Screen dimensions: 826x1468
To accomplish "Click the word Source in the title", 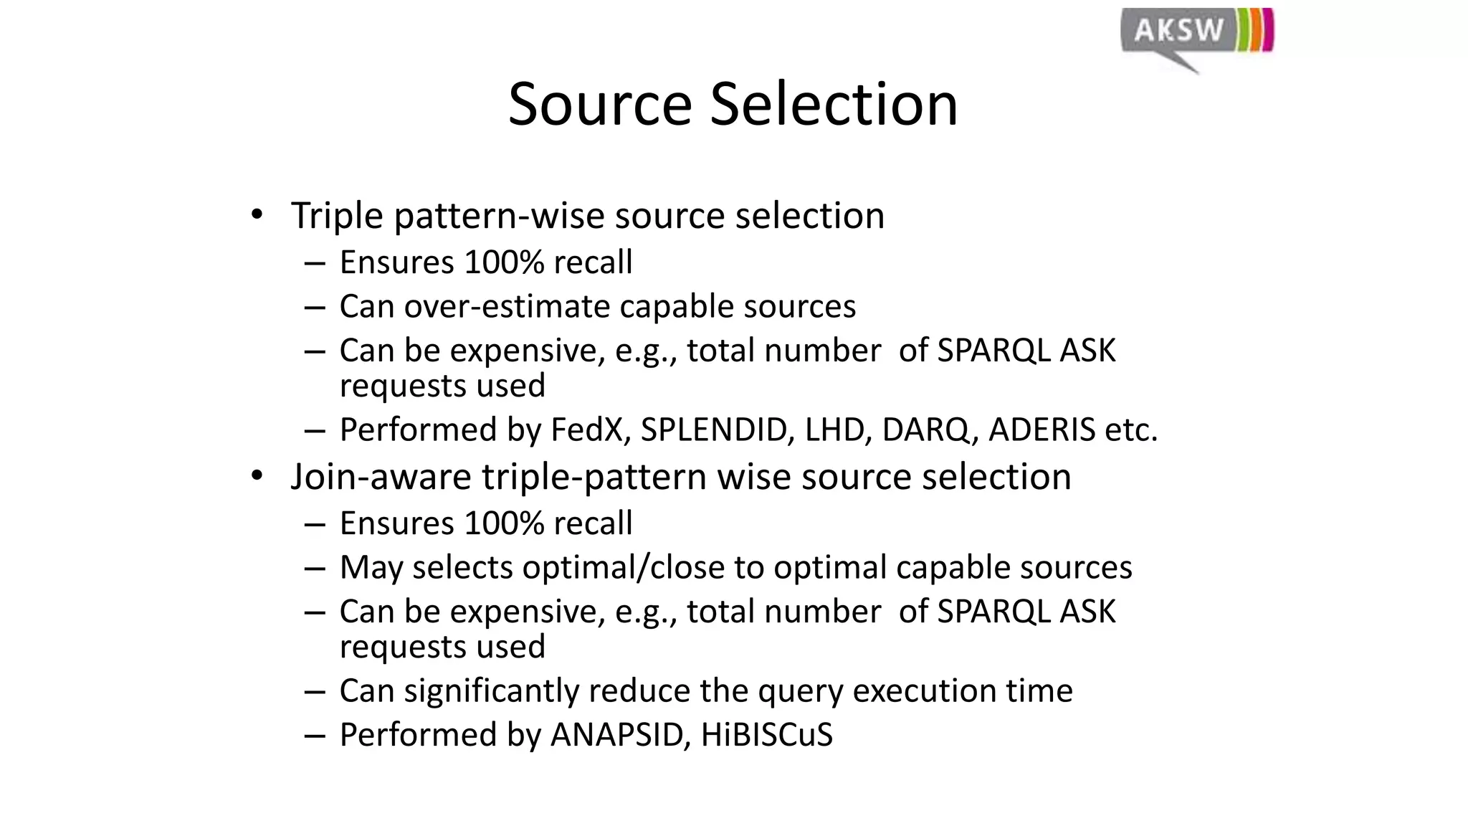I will pyautogui.click(x=599, y=105).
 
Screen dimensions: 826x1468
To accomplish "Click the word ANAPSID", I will pyautogui.click(x=616, y=735).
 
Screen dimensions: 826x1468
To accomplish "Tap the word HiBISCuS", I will pyautogui.click(x=766, y=735).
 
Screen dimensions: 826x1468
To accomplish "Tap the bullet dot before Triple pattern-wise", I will pyautogui.click(x=257, y=215).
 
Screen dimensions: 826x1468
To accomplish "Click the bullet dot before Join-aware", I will pyautogui.click(x=257, y=476).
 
